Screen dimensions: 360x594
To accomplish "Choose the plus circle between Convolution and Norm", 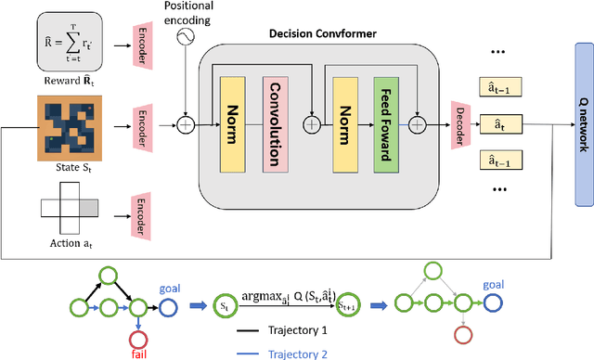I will [311, 122].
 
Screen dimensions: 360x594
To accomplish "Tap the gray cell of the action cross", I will [81, 203].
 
